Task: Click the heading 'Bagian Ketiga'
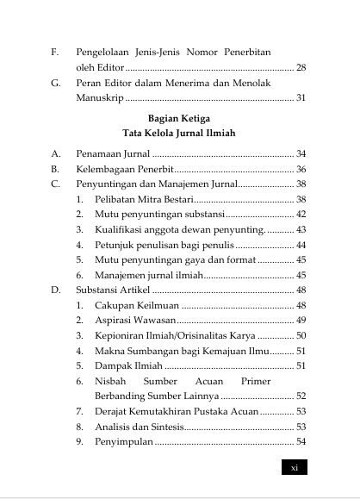click(179, 116)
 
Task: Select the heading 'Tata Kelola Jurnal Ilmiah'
click(179, 133)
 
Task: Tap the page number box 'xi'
click(295, 467)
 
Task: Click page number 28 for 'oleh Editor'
click(301, 66)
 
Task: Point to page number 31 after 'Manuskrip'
click(301, 98)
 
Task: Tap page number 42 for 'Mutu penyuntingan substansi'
click(301, 213)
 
